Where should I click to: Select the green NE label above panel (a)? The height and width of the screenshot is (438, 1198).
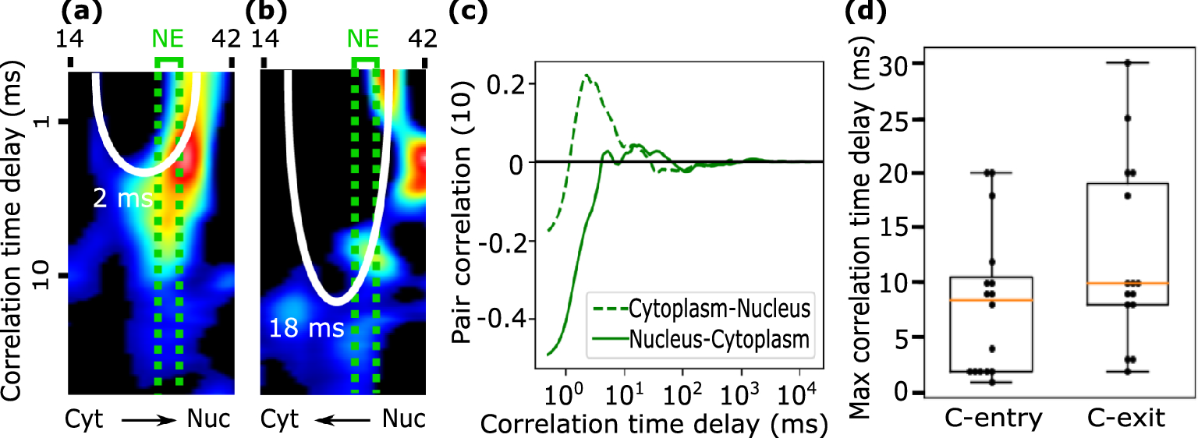click(x=169, y=37)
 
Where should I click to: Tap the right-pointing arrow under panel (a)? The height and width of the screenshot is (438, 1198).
click(x=148, y=420)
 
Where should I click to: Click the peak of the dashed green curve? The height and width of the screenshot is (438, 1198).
click(x=587, y=76)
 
